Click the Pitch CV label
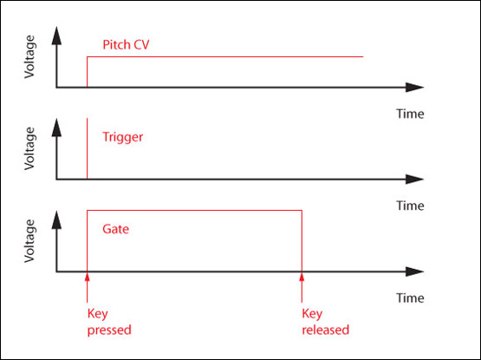[x=126, y=44]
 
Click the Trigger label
[x=122, y=137]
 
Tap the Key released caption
[x=319, y=322]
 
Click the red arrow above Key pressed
[x=88, y=285]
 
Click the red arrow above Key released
[x=302, y=285]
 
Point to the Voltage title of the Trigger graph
[x=31, y=148]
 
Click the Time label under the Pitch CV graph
[x=410, y=114]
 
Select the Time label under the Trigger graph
[x=410, y=206]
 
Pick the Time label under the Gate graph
[x=410, y=298]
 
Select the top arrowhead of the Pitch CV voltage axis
[x=57, y=35]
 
